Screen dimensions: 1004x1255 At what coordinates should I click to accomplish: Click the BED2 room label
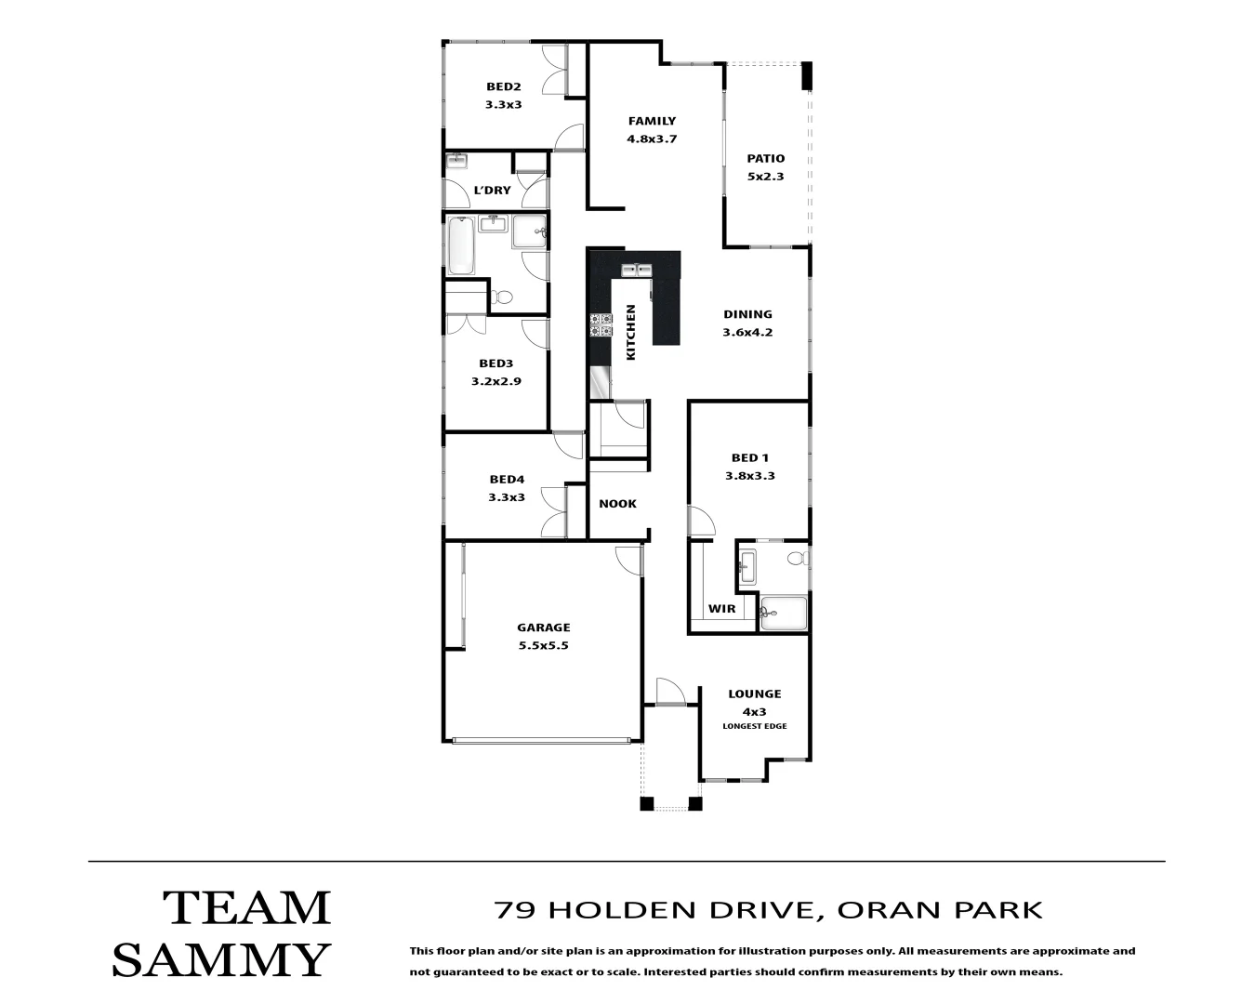tap(503, 86)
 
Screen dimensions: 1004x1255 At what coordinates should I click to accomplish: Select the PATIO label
tap(765, 158)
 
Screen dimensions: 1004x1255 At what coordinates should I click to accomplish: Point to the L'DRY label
tap(492, 191)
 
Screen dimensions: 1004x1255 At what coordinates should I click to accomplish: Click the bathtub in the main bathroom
tap(459, 245)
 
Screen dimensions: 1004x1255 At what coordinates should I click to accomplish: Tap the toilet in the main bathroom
tap(502, 297)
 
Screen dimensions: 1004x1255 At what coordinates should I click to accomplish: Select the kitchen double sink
tap(637, 271)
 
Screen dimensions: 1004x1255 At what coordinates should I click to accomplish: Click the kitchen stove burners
tap(600, 324)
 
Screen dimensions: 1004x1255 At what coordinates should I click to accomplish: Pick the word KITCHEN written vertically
tap(630, 332)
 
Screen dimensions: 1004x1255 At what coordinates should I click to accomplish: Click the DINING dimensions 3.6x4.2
tap(747, 332)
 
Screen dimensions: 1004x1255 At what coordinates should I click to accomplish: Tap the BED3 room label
tap(495, 363)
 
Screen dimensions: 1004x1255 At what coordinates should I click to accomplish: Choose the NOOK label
tap(617, 504)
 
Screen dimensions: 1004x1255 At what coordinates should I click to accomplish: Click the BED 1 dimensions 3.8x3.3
tap(749, 475)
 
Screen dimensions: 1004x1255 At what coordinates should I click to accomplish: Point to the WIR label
tap(721, 609)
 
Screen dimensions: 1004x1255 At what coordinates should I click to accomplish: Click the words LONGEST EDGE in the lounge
tap(754, 726)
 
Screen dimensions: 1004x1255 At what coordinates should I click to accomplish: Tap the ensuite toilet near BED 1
tap(796, 559)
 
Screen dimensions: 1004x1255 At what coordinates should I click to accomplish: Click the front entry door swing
tap(669, 692)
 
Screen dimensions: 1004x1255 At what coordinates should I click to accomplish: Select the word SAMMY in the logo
tap(221, 959)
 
